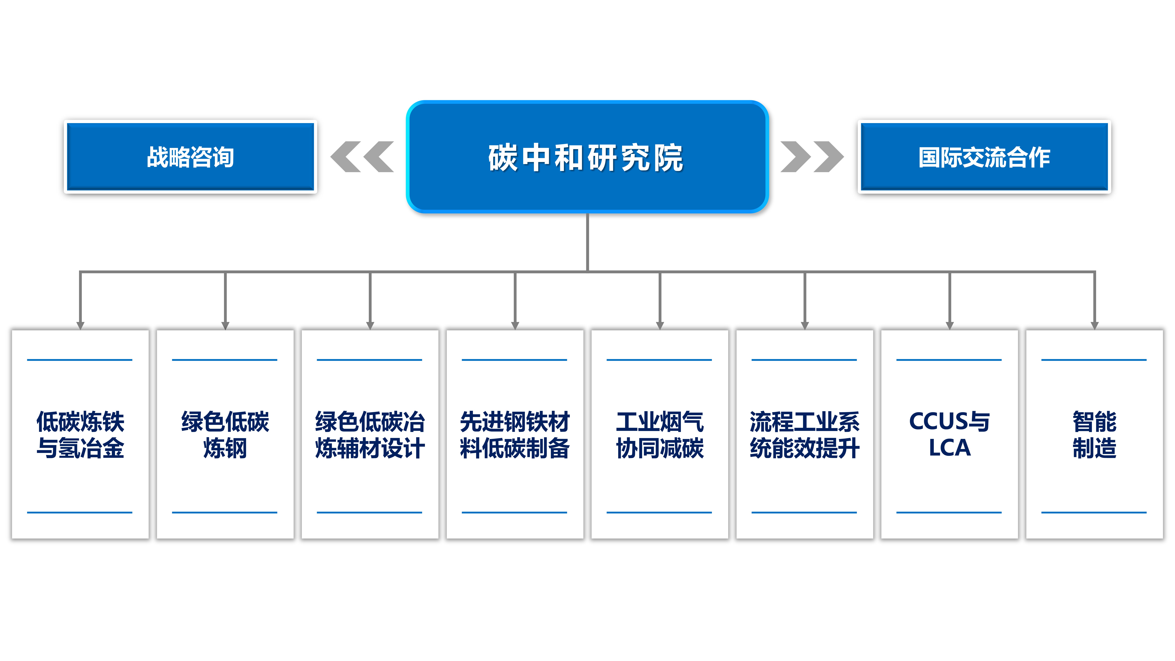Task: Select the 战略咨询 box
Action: pos(190,157)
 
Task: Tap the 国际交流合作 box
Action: pos(984,157)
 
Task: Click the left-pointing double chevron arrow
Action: pos(362,157)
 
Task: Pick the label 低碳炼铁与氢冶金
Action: pos(80,434)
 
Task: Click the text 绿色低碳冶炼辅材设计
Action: pos(370,434)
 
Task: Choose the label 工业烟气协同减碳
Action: pos(660,434)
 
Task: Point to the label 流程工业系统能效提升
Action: pos(805,434)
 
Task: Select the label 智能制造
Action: pos(1094,434)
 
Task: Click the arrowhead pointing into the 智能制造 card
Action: pos(1094,325)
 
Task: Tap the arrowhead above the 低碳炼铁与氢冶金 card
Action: pos(80,325)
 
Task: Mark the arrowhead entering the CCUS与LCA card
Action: pos(950,325)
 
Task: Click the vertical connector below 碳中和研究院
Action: pos(587,242)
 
